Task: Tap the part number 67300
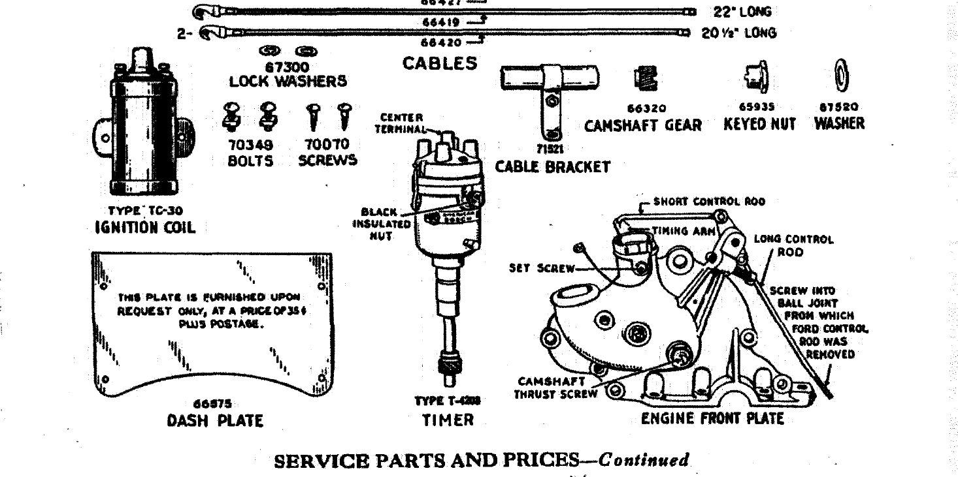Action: pyautogui.click(x=288, y=68)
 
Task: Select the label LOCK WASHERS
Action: pyautogui.click(x=288, y=82)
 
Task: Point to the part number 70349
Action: pyautogui.click(x=250, y=145)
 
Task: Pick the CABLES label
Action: pyautogui.click(x=439, y=63)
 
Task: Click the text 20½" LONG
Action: pyautogui.click(x=740, y=33)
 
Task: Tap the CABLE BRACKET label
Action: pyautogui.click(x=552, y=167)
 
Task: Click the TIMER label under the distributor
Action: pyautogui.click(x=448, y=420)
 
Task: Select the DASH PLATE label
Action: pyautogui.click(x=214, y=421)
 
